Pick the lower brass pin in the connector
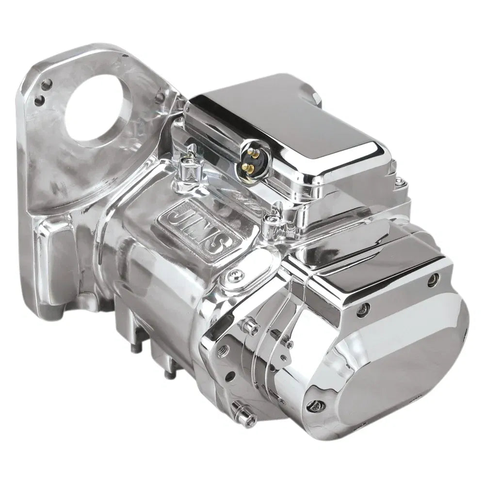click(x=249, y=167)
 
